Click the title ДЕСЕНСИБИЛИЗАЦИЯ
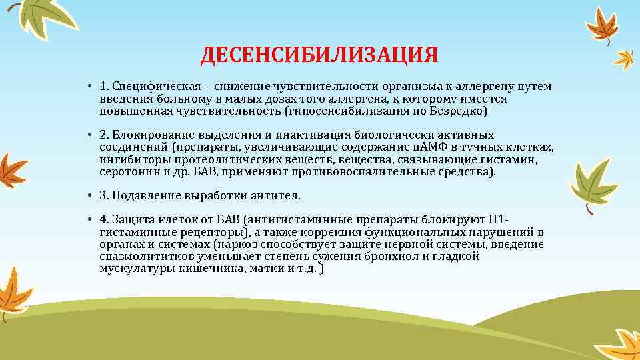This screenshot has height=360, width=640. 319,55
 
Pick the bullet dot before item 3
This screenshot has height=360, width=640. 89,196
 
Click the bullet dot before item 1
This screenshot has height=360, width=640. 89,88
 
